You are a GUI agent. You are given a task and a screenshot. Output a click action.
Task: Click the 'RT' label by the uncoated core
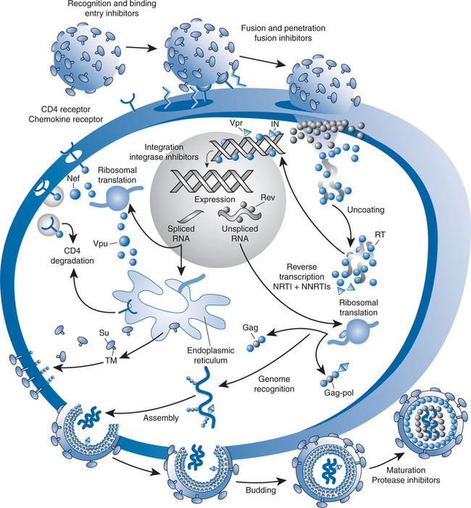coord(379,234)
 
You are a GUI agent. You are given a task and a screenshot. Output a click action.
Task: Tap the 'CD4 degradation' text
coord(80,259)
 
